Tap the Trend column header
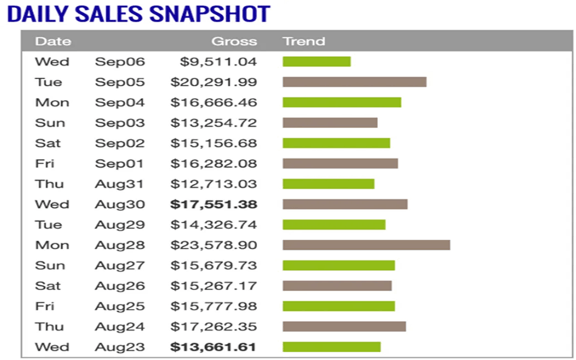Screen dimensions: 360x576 coord(304,41)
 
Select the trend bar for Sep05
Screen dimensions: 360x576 coord(354,82)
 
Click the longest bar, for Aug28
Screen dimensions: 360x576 coord(366,245)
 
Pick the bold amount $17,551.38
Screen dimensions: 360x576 coord(214,204)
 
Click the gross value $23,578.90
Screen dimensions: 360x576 coord(214,245)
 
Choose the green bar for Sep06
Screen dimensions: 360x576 coord(316,62)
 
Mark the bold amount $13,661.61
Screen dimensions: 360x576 coord(214,347)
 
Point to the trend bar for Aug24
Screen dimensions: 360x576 coord(344,327)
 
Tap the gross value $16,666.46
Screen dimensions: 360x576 coord(214,102)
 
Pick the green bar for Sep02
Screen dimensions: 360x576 coord(336,143)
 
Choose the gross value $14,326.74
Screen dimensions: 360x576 coord(214,225)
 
